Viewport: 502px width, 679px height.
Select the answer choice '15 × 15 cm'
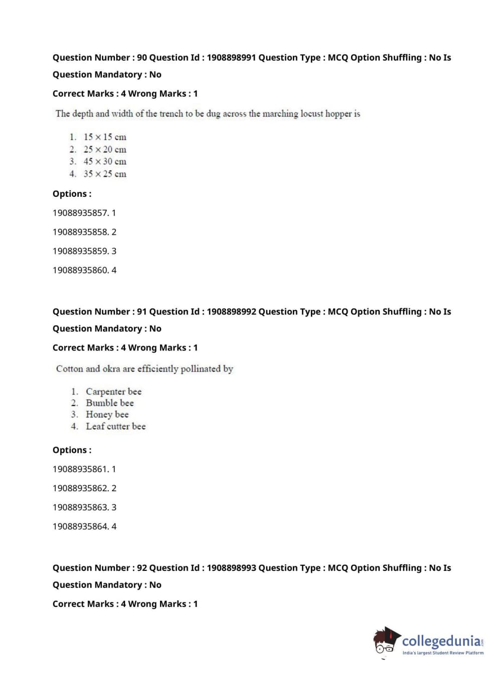point(105,137)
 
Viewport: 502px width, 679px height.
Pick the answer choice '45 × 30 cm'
point(105,162)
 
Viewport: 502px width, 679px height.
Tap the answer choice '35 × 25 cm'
point(105,174)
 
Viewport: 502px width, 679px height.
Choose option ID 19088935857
point(80,213)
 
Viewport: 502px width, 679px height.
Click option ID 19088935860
point(80,270)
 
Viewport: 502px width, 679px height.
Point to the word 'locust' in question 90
point(311,114)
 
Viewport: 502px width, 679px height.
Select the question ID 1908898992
point(231,311)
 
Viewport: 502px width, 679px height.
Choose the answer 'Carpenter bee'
point(113,392)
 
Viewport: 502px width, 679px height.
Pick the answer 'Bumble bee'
point(110,403)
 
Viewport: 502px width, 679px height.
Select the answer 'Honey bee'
point(107,415)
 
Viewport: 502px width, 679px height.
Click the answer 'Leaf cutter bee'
point(115,427)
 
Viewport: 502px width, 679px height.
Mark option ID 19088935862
point(80,488)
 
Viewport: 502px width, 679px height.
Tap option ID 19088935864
point(80,526)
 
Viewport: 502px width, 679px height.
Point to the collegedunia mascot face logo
point(386,641)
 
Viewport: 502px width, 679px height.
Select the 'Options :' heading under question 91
point(72,450)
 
